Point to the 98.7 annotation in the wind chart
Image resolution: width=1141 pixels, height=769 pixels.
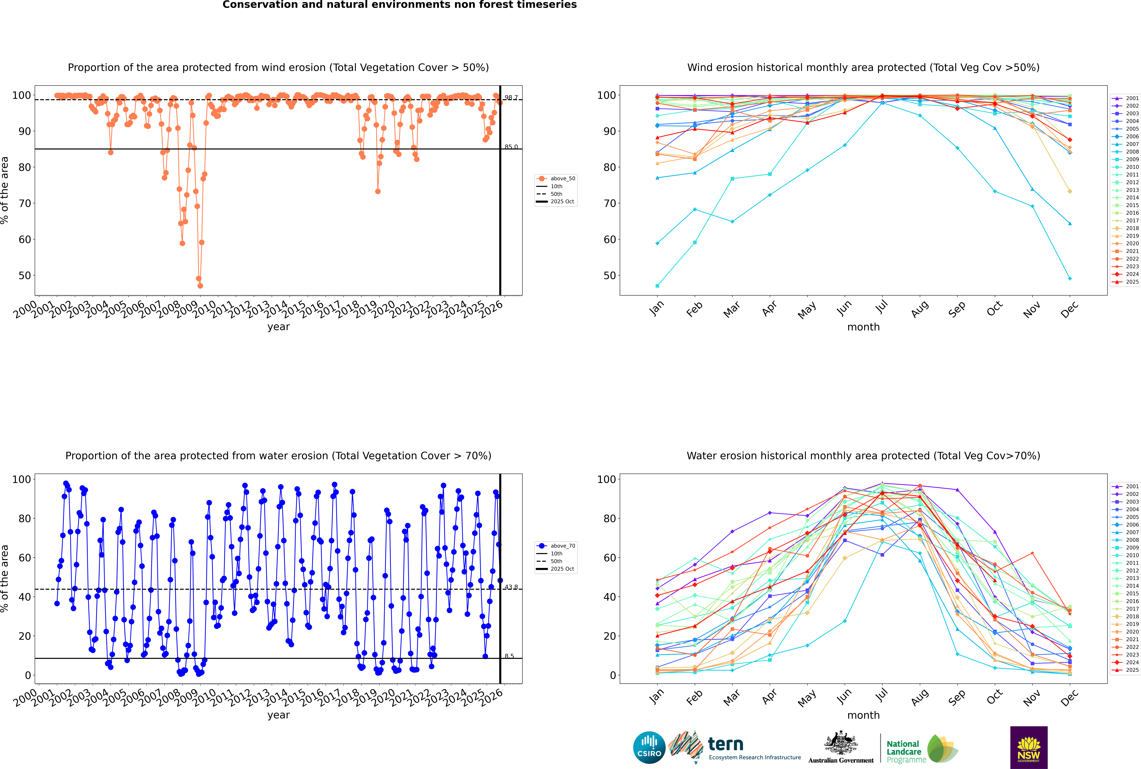pyautogui.click(x=511, y=98)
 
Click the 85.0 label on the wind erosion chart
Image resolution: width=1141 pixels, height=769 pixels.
pyautogui.click(x=511, y=147)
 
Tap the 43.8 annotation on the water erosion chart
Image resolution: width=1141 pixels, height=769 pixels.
pyautogui.click(x=511, y=587)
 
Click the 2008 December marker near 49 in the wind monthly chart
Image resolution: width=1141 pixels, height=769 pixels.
pyautogui.click(x=1070, y=279)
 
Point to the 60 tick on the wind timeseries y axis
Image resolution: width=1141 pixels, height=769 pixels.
pyautogui.click(x=24, y=239)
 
